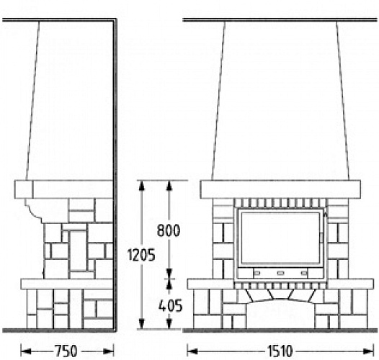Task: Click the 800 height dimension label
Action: point(169,230)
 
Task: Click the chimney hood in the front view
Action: point(281,101)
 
